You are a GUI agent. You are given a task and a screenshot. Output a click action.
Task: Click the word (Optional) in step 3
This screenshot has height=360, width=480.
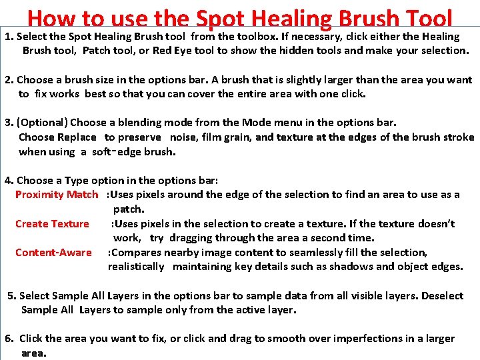pyautogui.click(x=43, y=123)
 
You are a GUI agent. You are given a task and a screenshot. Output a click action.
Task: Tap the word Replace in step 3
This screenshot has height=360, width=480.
pyautogui.click(x=77, y=137)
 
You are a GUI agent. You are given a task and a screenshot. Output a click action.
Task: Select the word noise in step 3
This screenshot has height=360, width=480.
pyautogui.click(x=188, y=137)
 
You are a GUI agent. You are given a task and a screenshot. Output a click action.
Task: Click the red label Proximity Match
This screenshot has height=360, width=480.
pyautogui.click(x=57, y=195)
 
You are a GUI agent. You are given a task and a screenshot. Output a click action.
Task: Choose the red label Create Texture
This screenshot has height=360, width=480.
pyautogui.click(x=52, y=224)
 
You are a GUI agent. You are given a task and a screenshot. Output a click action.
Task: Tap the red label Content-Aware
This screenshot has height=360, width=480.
pyautogui.click(x=53, y=253)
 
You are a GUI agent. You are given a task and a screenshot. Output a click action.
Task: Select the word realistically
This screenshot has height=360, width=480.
pyautogui.click(x=136, y=267)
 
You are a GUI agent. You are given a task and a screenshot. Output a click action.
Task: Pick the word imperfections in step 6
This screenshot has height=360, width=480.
pyautogui.click(x=361, y=339)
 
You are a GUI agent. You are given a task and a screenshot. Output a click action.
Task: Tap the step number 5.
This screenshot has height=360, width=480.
pyautogui.click(x=11, y=296)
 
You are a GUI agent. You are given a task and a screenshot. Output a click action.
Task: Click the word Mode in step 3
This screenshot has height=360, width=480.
pyautogui.click(x=256, y=123)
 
